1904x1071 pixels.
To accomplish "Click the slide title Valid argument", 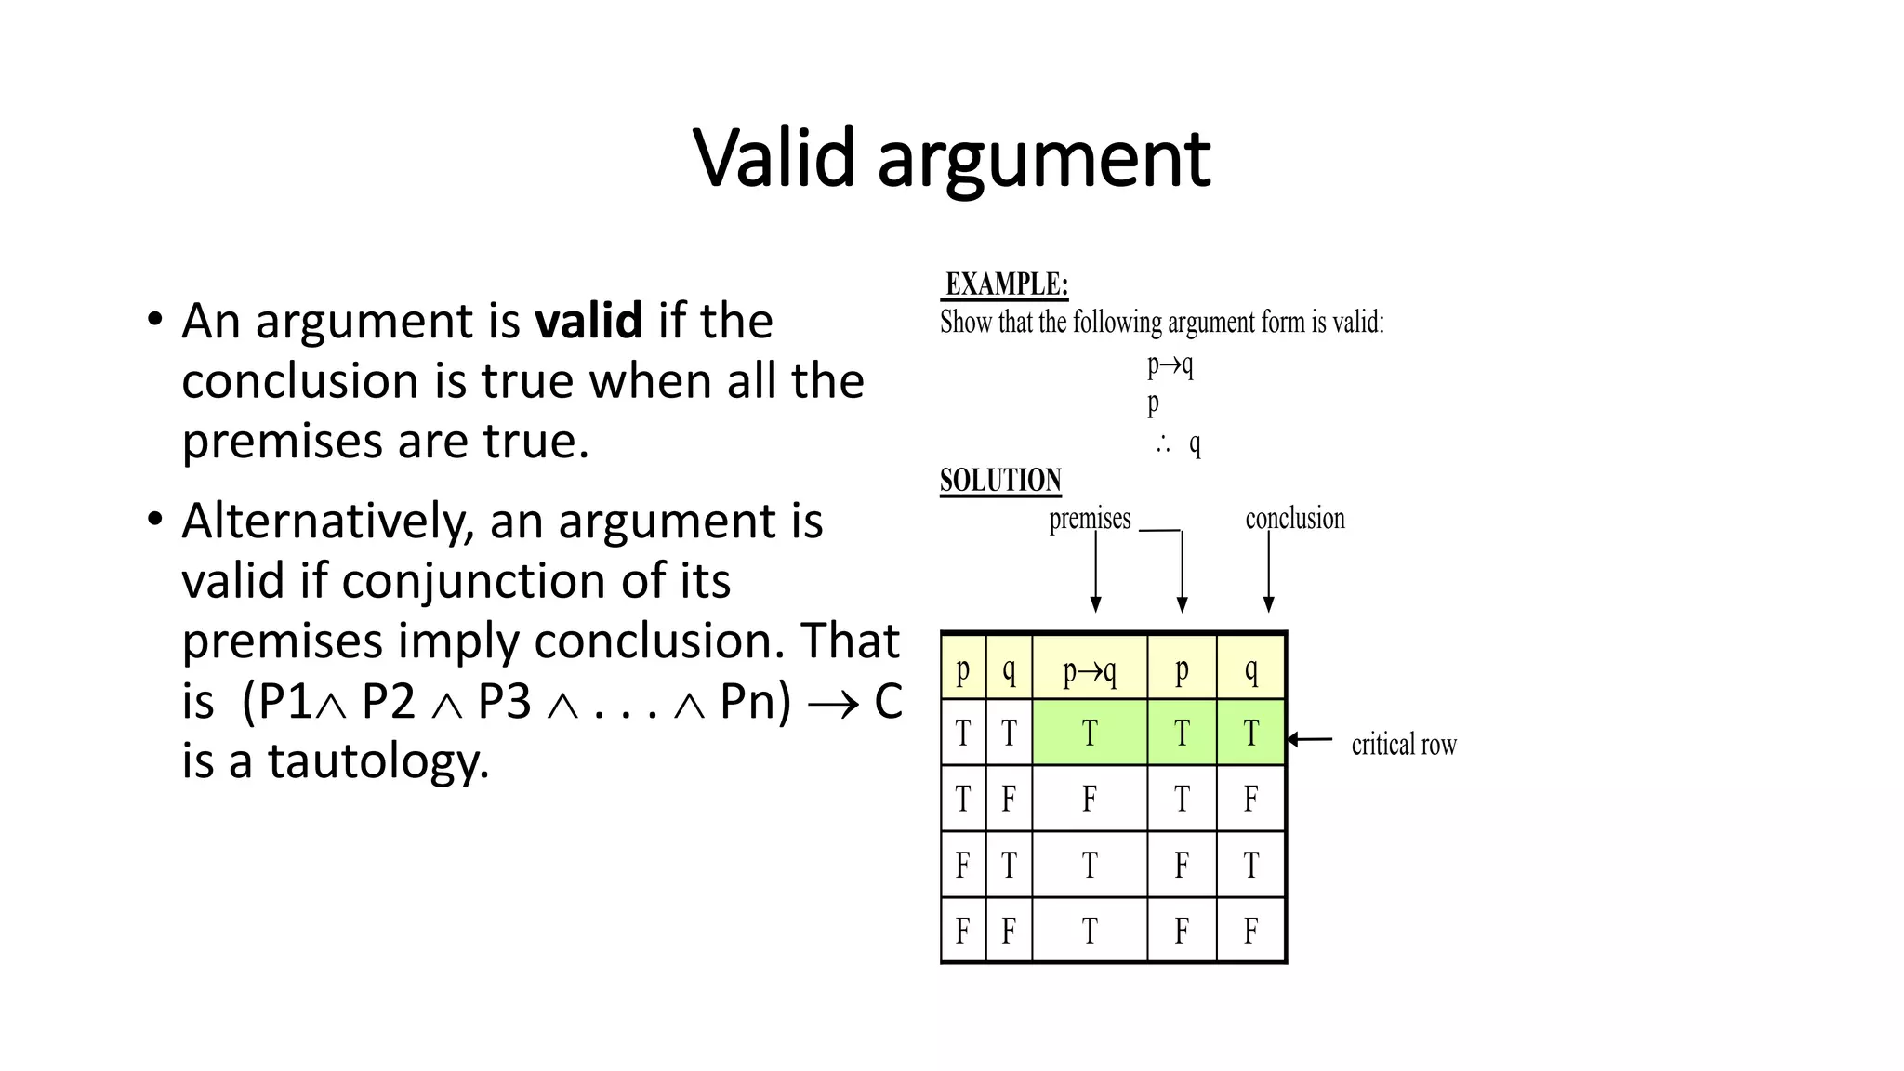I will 951,158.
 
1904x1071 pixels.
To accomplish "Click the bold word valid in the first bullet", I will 588,321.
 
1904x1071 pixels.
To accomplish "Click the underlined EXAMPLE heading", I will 1006,284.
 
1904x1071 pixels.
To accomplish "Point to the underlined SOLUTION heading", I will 1000,481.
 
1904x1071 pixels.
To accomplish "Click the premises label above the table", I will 1090,519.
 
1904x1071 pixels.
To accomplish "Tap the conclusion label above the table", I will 1295,519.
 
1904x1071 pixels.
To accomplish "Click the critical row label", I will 1404,745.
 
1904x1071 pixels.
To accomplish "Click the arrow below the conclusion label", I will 1268,572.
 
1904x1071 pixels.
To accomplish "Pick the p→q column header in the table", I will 1090,669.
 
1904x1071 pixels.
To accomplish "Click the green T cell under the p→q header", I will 1090,734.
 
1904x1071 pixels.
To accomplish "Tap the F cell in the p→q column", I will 1090,799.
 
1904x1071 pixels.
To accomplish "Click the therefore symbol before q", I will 1163,444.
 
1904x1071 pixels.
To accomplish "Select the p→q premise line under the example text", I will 1170,364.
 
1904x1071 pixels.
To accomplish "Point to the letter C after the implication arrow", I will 888,702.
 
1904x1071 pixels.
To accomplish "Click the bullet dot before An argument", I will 155,320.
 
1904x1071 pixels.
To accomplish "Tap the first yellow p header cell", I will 963,669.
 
